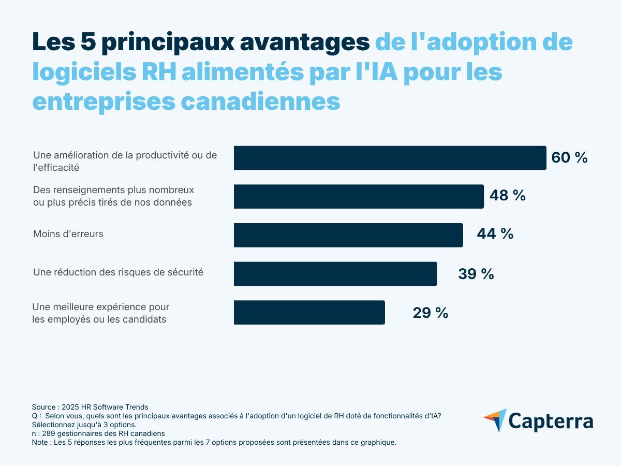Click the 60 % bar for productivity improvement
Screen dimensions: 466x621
click(390, 158)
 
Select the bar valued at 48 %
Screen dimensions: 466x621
click(359, 196)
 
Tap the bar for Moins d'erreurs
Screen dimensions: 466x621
click(348, 235)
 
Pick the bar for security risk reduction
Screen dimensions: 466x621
click(335, 273)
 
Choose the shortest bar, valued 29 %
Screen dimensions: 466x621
click(309, 312)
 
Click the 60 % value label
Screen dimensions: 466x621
click(569, 158)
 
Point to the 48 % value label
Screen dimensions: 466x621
click(507, 196)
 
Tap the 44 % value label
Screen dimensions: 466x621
click(495, 234)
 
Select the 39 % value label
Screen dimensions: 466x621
click(476, 274)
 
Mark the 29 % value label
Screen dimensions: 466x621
click(430, 313)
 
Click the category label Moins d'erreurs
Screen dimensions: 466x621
click(68, 234)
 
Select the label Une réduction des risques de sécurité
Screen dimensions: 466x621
click(118, 272)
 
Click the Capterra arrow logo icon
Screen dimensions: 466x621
click(495, 420)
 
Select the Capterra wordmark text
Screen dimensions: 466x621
click(551, 420)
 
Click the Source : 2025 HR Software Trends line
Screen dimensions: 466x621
click(90, 407)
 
